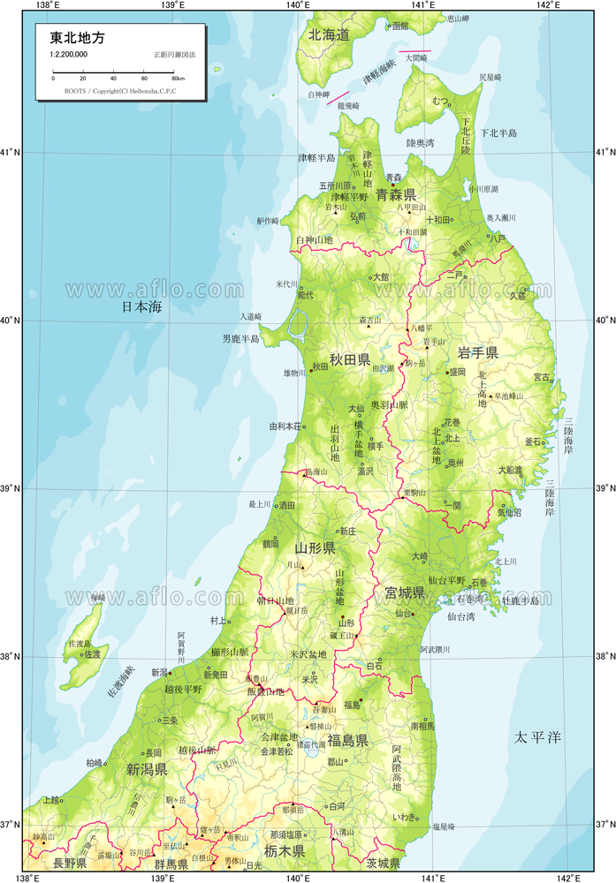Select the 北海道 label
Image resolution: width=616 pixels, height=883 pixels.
coord(329,34)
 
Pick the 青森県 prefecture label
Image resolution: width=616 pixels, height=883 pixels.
coord(395,193)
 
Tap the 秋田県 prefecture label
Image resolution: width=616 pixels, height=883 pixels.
coord(349,359)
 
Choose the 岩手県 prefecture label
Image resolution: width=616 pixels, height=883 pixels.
coord(478,352)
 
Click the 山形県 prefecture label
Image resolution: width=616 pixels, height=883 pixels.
coord(315,548)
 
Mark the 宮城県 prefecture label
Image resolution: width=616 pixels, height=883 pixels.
coord(405,592)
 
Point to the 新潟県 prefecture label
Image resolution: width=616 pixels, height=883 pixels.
coord(147,768)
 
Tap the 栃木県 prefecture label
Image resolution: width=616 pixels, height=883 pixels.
coord(285,851)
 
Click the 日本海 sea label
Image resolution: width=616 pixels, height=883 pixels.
coord(142,307)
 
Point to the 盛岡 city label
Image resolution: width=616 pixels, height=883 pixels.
coord(456,373)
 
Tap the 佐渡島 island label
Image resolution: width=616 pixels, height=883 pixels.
coord(80,644)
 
